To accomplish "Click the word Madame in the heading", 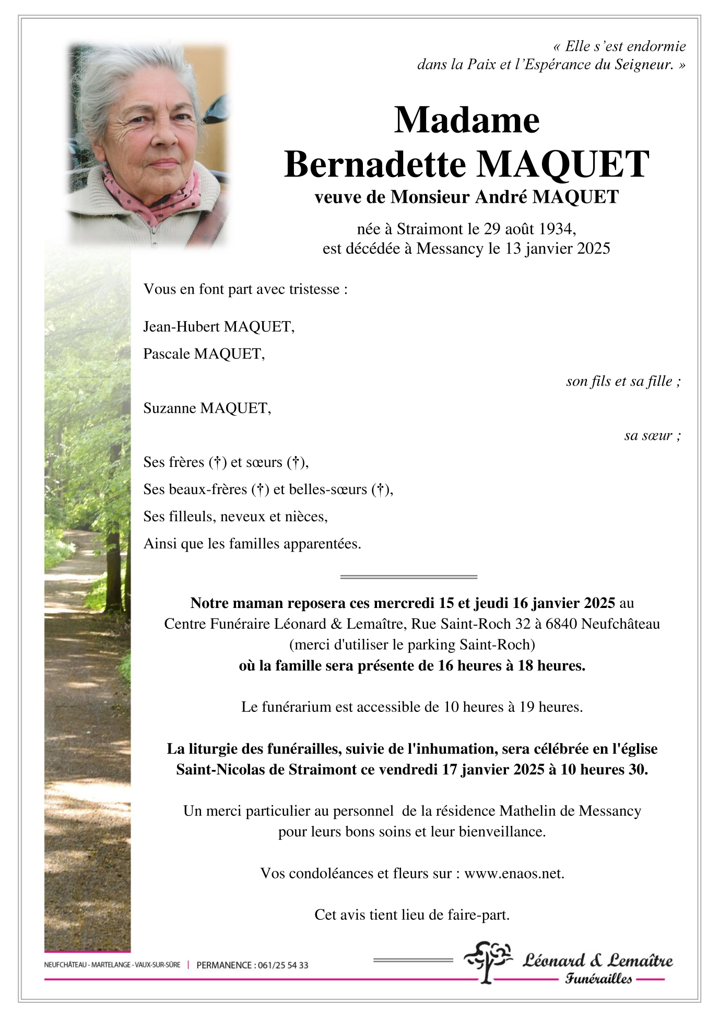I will coord(466,121).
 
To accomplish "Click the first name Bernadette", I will coord(374,165).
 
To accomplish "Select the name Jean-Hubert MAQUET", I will coord(218,327).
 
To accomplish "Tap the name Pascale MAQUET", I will coord(204,354).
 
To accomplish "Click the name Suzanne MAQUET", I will coord(207,408).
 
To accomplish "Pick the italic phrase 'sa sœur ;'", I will coord(652,436).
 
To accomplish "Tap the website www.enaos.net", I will coord(514,873).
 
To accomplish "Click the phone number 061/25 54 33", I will coord(282,965).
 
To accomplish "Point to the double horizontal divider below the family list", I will coord(409,577).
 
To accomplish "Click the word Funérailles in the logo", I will coord(598,979).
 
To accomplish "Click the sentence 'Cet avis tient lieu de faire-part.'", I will coord(412,915).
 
